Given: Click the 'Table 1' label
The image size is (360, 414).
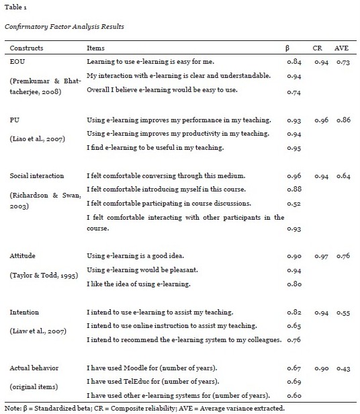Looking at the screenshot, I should point(14,10).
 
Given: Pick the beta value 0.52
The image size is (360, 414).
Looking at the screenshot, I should point(294,203).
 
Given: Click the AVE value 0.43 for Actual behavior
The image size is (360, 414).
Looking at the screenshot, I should point(343,368).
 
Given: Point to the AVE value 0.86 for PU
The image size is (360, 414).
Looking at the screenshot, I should point(343,120).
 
